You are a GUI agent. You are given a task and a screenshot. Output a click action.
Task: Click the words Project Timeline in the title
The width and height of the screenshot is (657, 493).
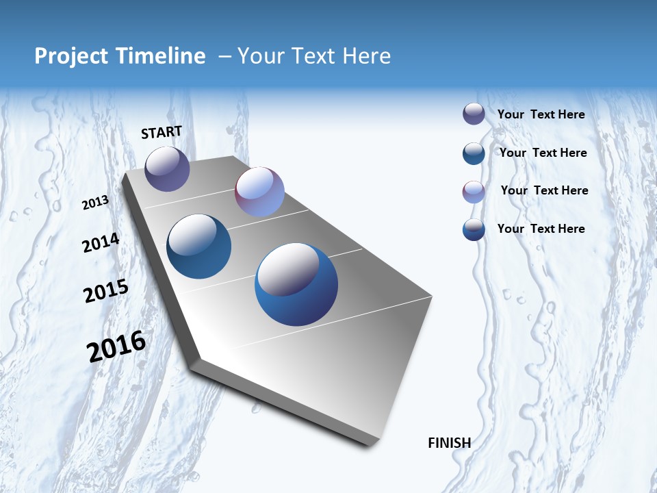point(120,56)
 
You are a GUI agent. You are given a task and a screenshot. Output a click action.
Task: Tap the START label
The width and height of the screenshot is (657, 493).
point(162,132)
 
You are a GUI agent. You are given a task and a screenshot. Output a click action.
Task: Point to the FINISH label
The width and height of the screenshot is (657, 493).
point(450,443)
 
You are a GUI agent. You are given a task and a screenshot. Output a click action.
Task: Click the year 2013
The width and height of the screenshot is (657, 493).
point(96,202)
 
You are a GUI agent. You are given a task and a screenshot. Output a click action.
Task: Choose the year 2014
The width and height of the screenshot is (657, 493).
point(101,243)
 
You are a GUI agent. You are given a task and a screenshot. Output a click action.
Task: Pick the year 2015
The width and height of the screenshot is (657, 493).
point(106,290)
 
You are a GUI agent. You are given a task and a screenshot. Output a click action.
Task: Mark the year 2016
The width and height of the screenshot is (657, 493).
point(116,346)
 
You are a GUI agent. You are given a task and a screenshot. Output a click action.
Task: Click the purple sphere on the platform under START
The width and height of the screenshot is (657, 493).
point(167,168)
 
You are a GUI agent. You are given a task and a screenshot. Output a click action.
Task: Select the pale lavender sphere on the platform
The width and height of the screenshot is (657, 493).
point(259,192)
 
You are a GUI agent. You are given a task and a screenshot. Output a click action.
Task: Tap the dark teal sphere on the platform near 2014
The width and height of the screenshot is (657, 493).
point(199,246)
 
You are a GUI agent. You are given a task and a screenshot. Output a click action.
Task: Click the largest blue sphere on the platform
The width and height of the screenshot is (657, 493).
point(296,284)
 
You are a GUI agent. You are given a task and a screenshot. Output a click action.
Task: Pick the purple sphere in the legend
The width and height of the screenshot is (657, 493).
point(474,114)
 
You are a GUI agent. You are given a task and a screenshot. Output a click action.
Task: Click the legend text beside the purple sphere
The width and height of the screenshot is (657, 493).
point(541,114)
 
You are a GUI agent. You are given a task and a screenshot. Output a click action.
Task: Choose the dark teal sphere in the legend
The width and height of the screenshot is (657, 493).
point(474,153)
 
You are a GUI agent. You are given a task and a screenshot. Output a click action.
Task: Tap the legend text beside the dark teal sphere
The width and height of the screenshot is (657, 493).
point(543,153)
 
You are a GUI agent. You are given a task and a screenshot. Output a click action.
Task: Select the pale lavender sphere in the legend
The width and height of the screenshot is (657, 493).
point(474,192)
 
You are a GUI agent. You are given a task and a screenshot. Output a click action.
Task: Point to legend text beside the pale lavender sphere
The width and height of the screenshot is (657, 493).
point(544,190)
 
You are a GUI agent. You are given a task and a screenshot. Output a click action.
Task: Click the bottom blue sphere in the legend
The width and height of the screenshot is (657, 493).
point(474,229)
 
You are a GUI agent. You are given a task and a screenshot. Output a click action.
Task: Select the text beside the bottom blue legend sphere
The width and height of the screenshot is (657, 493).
point(541,229)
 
